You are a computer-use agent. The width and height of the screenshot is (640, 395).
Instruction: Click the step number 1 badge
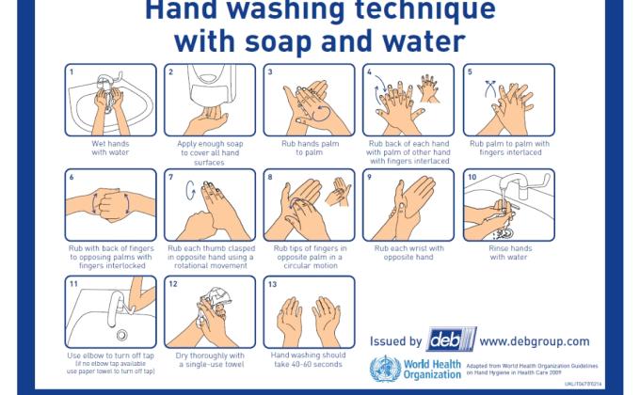pyautogui.click(x=71, y=71)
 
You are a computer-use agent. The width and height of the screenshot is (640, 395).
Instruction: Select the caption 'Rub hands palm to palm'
pyautogui.click(x=308, y=149)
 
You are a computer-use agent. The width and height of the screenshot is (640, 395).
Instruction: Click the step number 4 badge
pyautogui.click(x=370, y=71)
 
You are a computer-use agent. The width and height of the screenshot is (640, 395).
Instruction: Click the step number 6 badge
pyautogui.click(x=71, y=177)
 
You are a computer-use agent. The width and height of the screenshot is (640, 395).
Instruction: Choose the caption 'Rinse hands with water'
pyautogui.click(x=509, y=253)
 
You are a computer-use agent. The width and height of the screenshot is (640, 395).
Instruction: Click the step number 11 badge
pyautogui.click(x=72, y=283)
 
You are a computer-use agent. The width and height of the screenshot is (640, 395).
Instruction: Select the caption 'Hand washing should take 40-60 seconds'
pyautogui.click(x=308, y=359)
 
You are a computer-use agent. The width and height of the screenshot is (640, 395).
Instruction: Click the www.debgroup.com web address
pyautogui.click(x=535, y=341)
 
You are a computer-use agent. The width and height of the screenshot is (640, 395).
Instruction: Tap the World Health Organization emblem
pyautogui.click(x=384, y=369)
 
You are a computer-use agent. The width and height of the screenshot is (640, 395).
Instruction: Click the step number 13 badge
pyautogui.click(x=272, y=283)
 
